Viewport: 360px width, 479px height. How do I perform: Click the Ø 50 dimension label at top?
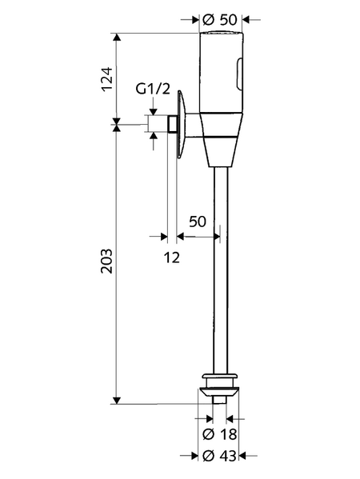(219, 20)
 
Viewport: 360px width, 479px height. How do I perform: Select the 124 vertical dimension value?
(107, 79)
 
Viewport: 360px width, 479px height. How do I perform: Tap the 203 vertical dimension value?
(107, 261)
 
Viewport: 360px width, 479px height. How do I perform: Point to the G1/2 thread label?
(153, 89)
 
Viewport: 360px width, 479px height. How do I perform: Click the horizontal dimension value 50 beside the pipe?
(198, 222)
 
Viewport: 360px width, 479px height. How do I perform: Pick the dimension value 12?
(172, 257)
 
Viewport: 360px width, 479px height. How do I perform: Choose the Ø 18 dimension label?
(219, 434)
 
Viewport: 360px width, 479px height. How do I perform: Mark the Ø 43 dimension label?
(219, 457)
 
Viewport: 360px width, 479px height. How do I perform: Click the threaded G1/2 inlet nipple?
(171, 124)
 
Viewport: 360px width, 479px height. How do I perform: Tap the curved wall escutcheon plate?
(182, 124)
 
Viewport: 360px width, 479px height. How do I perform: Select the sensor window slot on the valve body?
(239, 73)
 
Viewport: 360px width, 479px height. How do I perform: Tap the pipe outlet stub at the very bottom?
(220, 399)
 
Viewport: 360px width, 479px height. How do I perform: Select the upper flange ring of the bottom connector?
(220, 375)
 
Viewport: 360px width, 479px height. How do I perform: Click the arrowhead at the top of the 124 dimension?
(117, 38)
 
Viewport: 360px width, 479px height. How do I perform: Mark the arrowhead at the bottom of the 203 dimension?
(117, 400)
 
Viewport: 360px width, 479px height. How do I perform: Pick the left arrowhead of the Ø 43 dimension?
(194, 457)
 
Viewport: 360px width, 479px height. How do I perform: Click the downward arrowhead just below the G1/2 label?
(154, 112)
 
